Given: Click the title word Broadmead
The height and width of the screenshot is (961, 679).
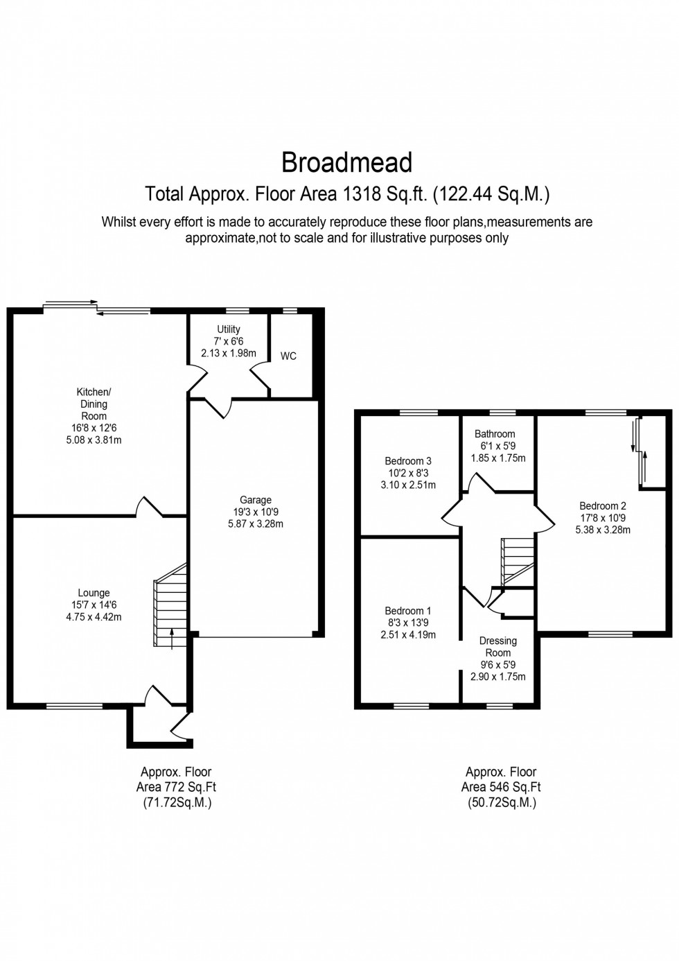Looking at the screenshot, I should pos(346,163).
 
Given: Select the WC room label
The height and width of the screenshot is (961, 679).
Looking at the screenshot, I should pos(288,356).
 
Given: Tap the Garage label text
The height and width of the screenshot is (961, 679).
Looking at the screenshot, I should pos(256,500).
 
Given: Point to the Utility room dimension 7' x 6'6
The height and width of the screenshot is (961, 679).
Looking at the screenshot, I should pos(229,341).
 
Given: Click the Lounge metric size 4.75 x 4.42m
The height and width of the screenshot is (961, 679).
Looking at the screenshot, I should pos(94,616).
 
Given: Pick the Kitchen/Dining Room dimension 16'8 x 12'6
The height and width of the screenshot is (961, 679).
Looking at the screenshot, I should pos(94,428).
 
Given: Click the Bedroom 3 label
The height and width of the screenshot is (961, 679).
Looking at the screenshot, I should pos(408,461).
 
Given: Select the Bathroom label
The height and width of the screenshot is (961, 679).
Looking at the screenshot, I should pos(495,434).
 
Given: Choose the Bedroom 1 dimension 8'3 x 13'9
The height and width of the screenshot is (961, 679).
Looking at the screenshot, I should pos(408,623).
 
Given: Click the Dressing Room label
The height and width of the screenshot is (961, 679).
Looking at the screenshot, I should pos(497,646).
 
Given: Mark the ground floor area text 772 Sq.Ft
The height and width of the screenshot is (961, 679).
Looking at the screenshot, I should pos(176,787).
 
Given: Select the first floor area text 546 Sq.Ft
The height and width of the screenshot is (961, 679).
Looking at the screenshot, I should pos(501,787).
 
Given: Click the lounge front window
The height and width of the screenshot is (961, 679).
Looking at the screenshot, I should pos(67,707).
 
